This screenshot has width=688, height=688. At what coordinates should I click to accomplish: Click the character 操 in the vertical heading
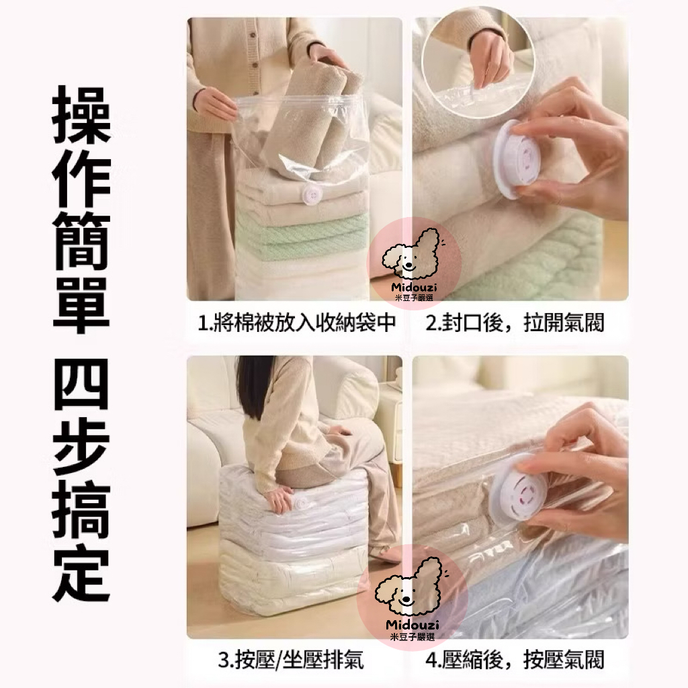[81, 114]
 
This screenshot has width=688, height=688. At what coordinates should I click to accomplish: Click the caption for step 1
[297, 322]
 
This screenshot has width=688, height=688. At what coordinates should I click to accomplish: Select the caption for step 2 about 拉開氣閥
[515, 322]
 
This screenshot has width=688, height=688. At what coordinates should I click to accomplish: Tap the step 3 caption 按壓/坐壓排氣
[291, 660]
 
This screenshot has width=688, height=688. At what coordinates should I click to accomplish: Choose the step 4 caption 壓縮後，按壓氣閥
[515, 660]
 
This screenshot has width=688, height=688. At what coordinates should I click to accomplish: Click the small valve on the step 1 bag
[313, 194]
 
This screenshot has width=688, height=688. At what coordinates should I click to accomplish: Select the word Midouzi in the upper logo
[414, 288]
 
